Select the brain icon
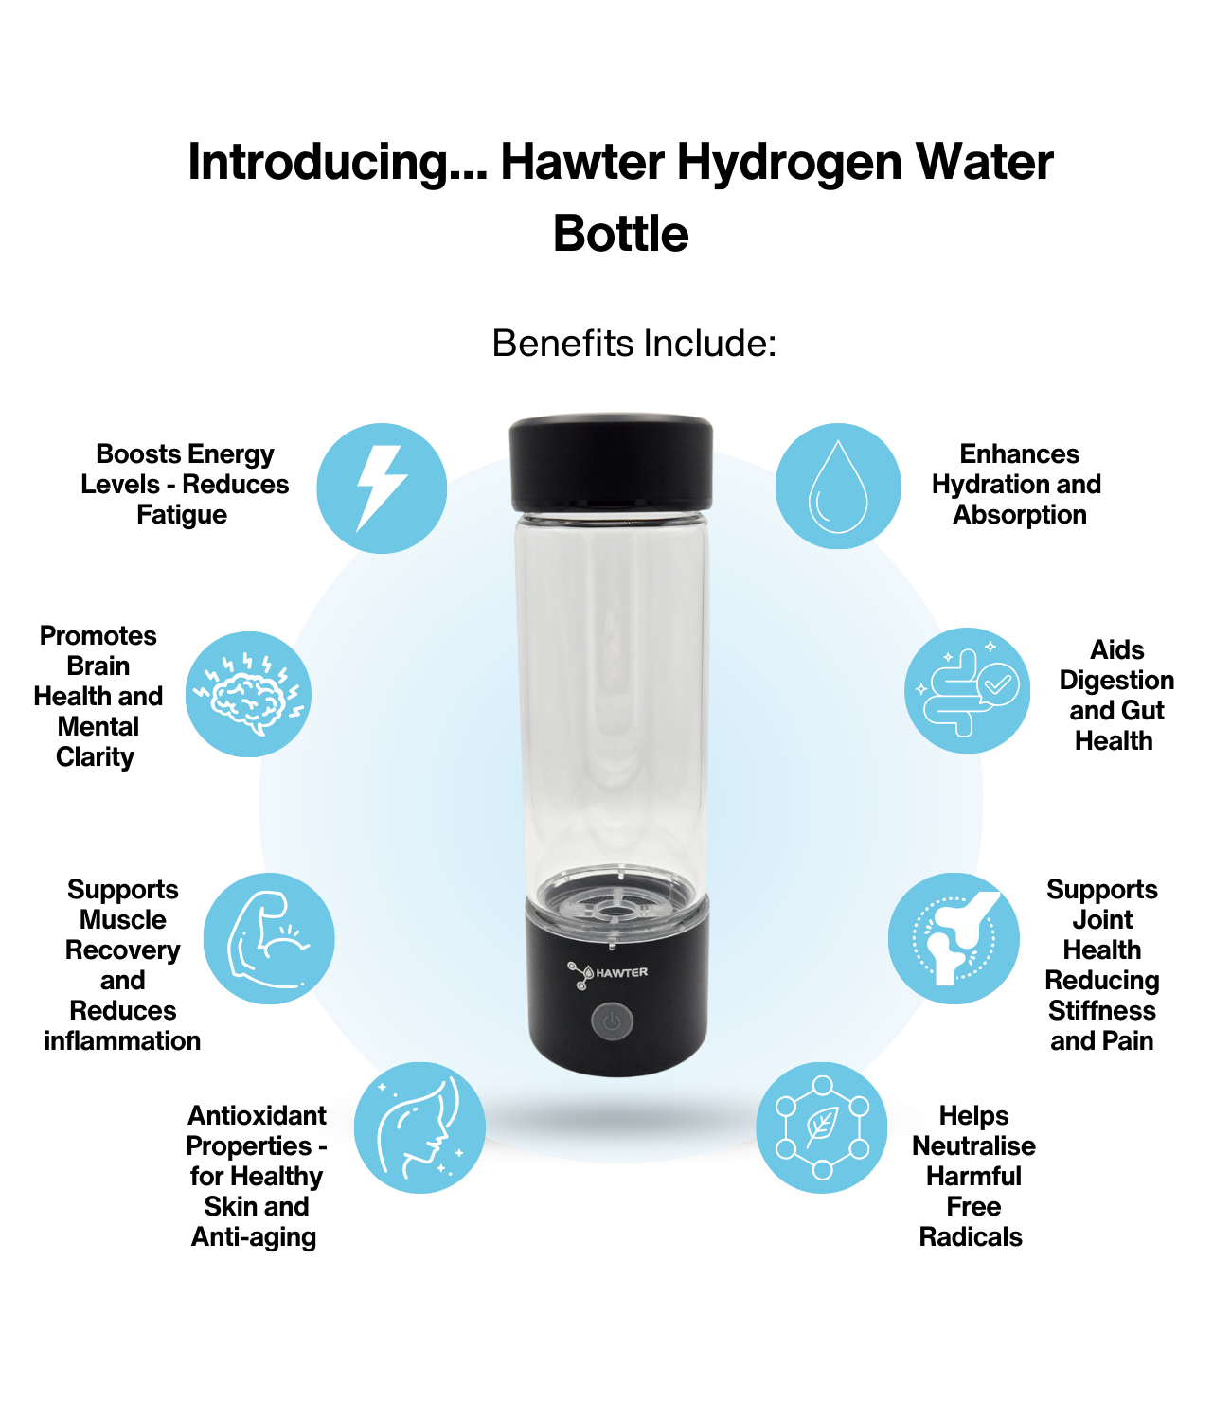click(x=248, y=695)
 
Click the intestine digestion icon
click(x=967, y=690)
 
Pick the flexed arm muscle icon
click(x=268, y=939)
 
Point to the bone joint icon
click(x=954, y=938)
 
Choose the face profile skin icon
click(x=419, y=1127)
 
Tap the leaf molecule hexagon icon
click(x=822, y=1127)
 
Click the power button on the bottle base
click(x=612, y=1022)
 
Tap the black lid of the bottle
click(x=611, y=462)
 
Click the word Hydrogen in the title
click(x=789, y=163)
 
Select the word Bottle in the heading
click(x=620, y=234)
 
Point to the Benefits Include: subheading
click(x=633, y=343)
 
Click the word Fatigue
click(x=182, y=515)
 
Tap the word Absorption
click(x=1019, y=515)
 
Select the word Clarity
click(x=95, y=757)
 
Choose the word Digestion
click(x=1116, y=681)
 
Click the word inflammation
click(x=122, y=1040)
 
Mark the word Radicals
click(x=971, y=1236)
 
